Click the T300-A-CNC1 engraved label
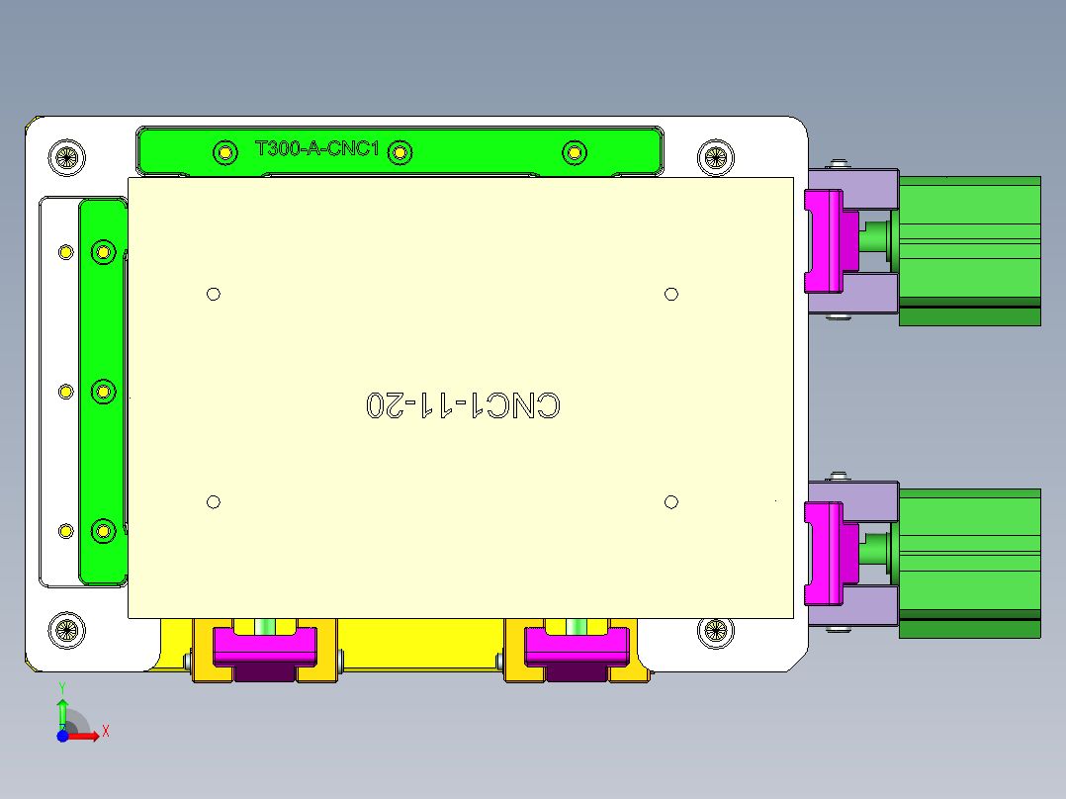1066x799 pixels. [x=317, y=149]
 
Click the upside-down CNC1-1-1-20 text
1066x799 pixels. [x=463, y=405]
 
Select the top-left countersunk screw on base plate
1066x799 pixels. [x=66, y=155]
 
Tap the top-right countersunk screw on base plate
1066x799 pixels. [x=715, y=156]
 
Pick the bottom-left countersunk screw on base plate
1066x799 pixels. [x=66, y=628]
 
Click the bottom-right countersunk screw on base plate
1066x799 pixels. [x=715, y=630]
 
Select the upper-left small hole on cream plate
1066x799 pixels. [x=214, y=294]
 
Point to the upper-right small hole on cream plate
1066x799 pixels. [x=671, y=294]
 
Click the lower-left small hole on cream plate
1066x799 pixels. [x=214, y=502]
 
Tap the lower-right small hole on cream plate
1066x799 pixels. [x=671, y=502]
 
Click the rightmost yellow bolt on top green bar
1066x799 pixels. [x=575, y=152]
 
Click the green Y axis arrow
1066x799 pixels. [x=62, y=710]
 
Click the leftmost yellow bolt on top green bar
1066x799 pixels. [x=225, y=152]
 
